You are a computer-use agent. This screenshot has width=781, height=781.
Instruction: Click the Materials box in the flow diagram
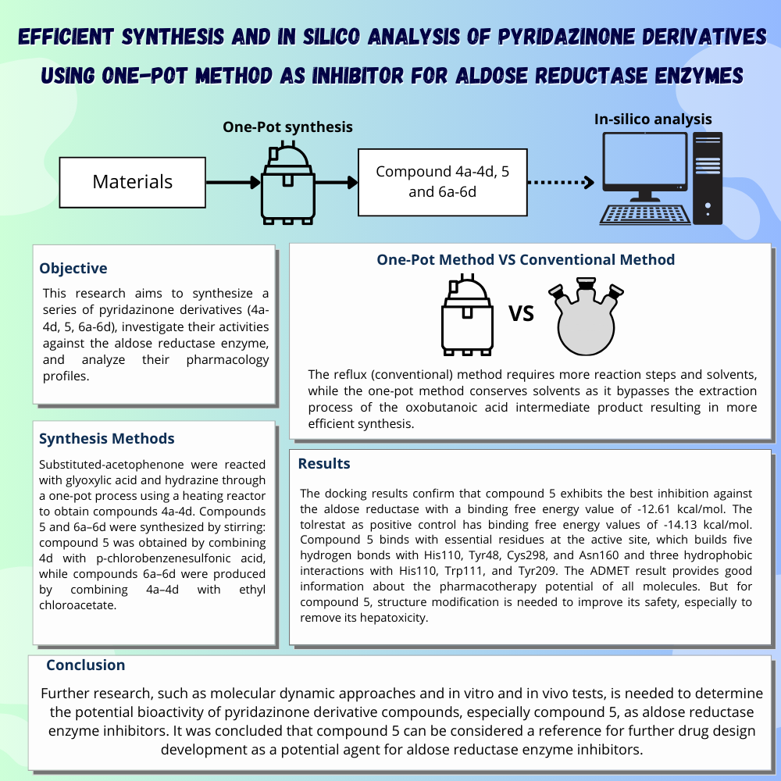click(132, 182)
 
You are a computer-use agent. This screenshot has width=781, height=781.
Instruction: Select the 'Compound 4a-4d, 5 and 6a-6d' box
click(442, 181)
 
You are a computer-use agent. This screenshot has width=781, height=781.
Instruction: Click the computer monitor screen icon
click(644, 165)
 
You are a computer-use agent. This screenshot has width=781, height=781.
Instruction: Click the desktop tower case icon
click(708, 178)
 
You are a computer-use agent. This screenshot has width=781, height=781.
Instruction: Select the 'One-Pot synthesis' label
click(287, 127)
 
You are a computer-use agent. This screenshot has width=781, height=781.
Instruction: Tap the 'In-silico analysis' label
click(653, 119)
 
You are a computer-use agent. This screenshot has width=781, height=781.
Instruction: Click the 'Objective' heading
click(73, 269)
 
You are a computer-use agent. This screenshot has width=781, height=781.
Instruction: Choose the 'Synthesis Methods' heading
click(107, 439)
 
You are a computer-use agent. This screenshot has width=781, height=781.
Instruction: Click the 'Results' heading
click(324, 464)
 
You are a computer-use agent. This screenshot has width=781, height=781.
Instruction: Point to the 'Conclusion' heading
click(85, 665)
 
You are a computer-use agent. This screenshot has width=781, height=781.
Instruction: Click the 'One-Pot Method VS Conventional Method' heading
click(526, 259)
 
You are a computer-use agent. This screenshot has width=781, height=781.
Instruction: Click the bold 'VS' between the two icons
click(521, 314)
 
